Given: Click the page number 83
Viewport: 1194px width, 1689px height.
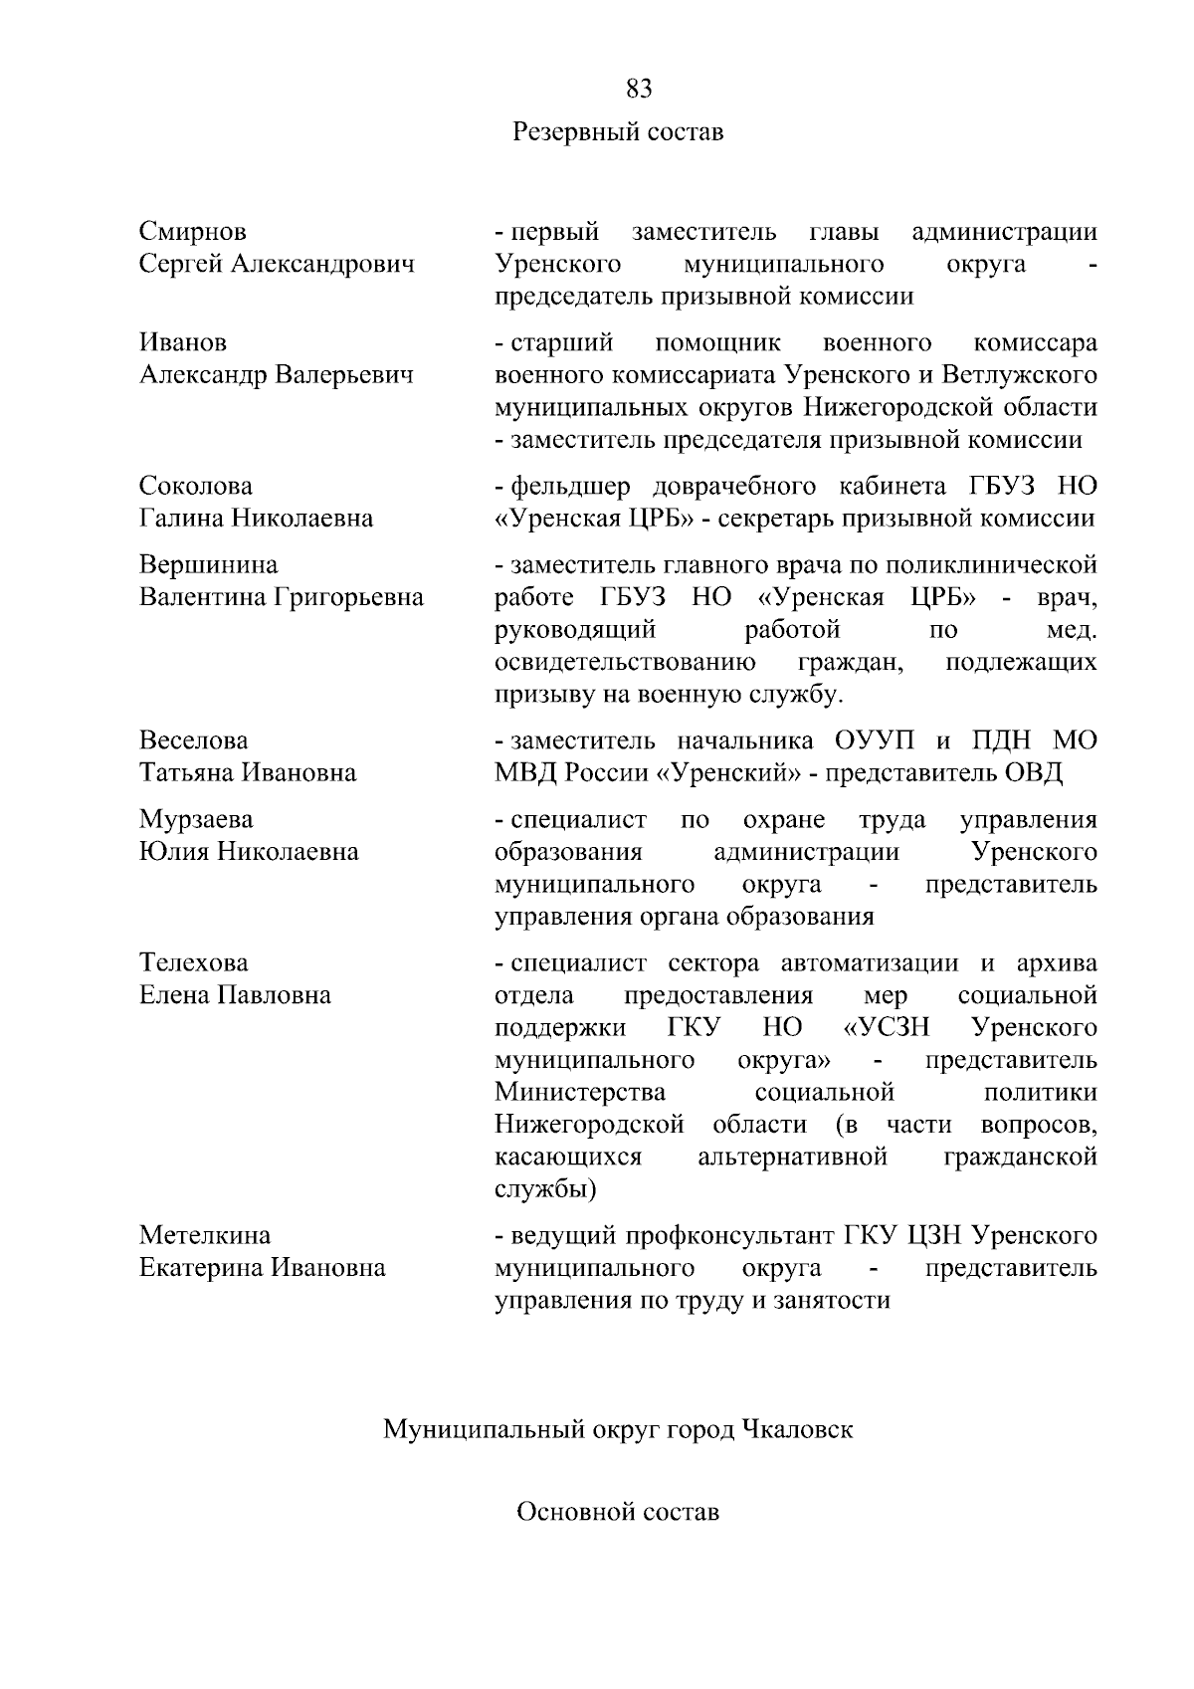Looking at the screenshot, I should click(639, 90).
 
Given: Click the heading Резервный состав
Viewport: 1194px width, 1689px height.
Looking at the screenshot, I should click(618, 131).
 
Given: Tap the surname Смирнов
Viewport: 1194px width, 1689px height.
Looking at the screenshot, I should click(193, 232).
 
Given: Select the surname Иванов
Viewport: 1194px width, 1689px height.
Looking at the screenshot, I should click(183, 342).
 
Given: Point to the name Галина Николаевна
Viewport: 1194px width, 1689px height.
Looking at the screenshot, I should click(257, 519).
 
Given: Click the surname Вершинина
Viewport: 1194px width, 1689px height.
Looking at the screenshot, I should click(209, 564).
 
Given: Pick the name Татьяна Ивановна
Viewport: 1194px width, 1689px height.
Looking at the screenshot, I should click(248, 773).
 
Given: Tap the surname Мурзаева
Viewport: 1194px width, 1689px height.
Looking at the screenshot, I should click(197, 819).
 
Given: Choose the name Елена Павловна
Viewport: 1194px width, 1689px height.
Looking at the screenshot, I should click(236, 995).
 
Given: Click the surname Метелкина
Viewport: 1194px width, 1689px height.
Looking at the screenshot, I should click(205, 1235).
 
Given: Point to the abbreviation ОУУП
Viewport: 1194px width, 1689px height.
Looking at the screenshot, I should click(874, 741).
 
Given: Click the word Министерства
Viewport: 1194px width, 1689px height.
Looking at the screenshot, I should click(580, 1092).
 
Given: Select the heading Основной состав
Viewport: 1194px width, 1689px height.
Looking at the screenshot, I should click(618, 1513).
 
